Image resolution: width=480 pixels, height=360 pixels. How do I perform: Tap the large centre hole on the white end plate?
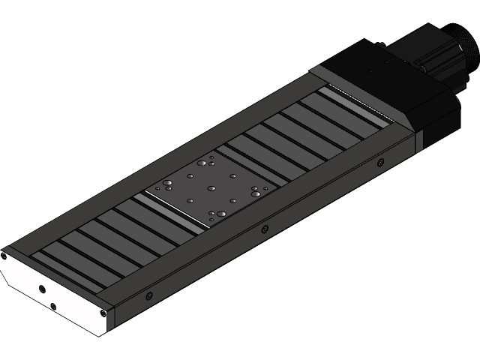[x=41, y=289]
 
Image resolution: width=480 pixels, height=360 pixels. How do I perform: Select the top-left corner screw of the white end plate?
[x=4, y=256]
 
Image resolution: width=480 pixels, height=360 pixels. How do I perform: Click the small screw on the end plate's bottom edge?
[x=52, y=306]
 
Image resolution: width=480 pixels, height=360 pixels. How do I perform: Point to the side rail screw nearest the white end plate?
[x=148, y=295]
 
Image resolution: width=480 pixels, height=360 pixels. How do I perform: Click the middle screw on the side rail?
[x=263, y=229]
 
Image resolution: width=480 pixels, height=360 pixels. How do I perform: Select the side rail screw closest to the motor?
[x=380, y=162]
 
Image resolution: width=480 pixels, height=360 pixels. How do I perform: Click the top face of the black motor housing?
[x=382, y=75]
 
